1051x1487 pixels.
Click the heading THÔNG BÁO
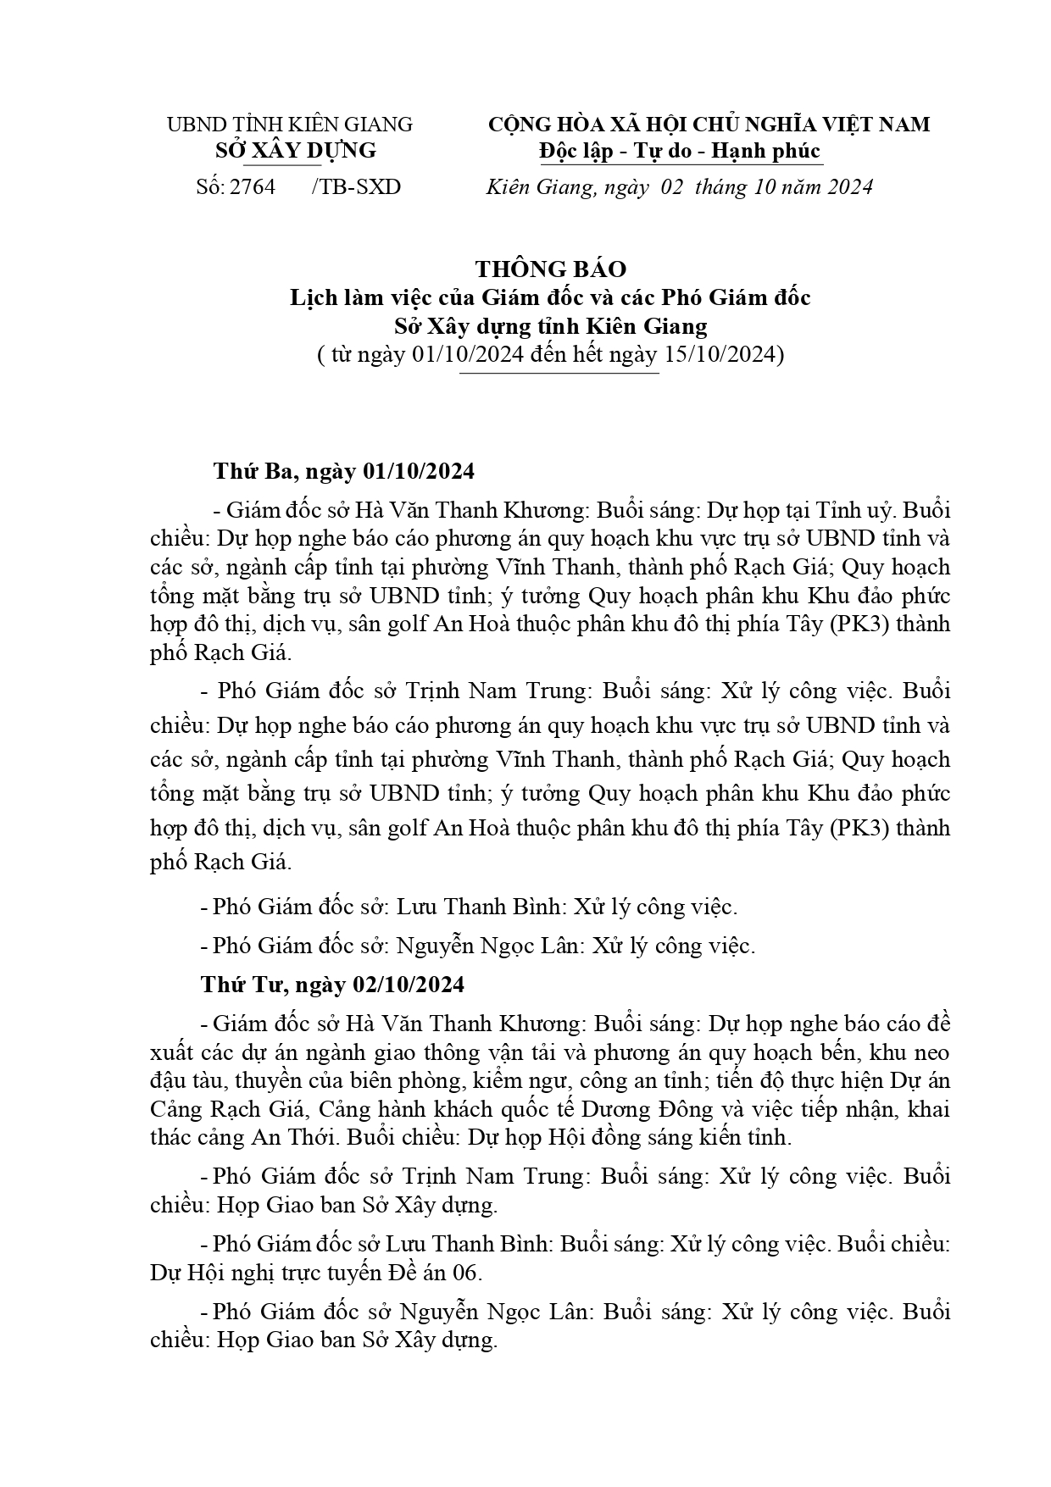(x=550, y=269)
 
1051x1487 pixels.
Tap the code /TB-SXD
(x=356, y=186)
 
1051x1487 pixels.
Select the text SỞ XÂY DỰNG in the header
(x=295, y=151)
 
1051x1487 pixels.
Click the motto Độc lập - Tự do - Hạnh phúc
(x=680, y=151)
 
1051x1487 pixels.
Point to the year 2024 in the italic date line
(x=844, y=187)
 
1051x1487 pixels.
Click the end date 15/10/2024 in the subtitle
(x=720, y=353)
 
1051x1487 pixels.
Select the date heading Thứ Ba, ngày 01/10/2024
(x=343, y=471)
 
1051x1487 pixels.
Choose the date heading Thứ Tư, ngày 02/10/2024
(x=332, y=985)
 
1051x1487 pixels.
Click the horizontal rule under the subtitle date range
(x=559, y=373)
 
